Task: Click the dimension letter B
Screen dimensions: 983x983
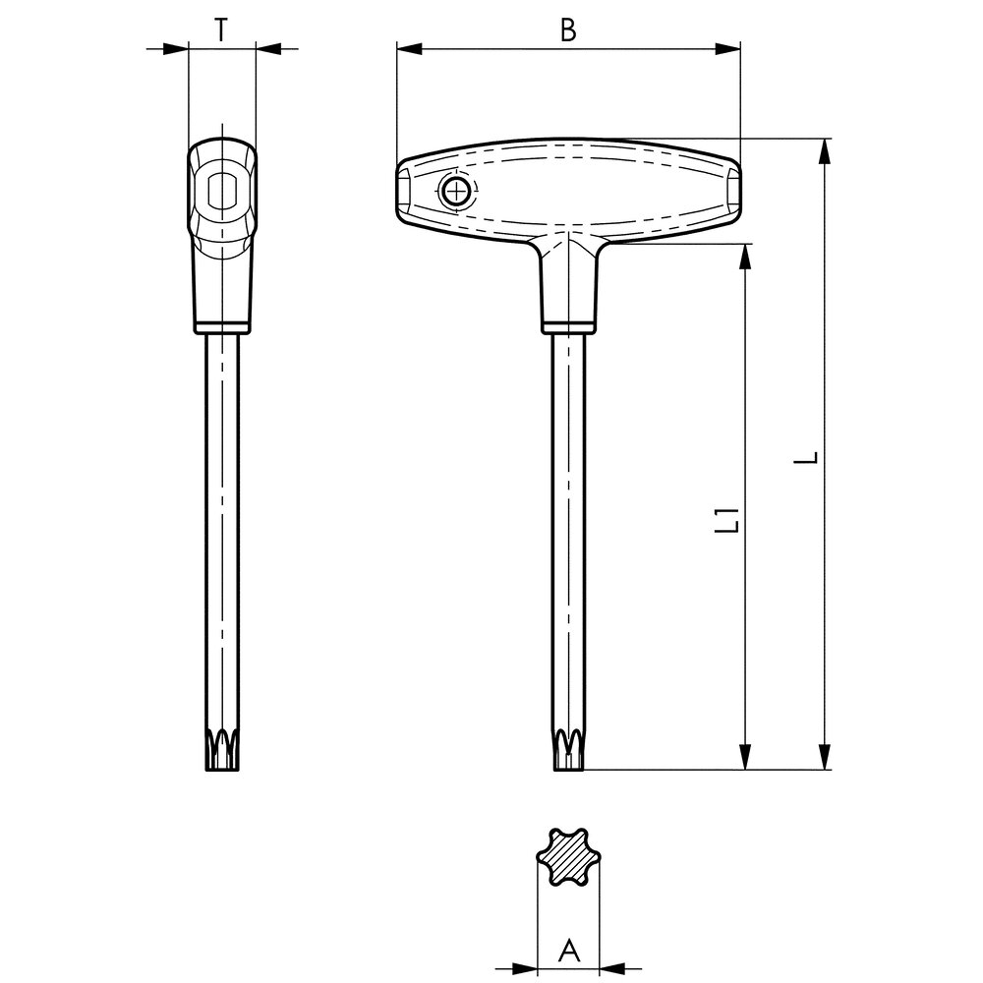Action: [x=567, y=30]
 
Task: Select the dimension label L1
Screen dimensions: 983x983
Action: [x=727, y=520]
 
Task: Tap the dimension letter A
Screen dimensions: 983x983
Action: [x=568, y=951]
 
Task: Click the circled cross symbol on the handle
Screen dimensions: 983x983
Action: [x=455, y=192]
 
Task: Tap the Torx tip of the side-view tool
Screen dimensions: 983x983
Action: [x=223, y=751]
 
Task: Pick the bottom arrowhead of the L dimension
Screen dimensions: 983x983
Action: [x=827, y=757]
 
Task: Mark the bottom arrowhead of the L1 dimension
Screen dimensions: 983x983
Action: [x=746, y=757]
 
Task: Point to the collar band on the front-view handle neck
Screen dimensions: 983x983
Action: [x=568, y=326]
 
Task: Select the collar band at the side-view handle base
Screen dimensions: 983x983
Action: [x=221, y=326]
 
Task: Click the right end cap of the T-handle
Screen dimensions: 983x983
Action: [x=733, y=192]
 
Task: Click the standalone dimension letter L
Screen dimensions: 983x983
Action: [x=808, y=458]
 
